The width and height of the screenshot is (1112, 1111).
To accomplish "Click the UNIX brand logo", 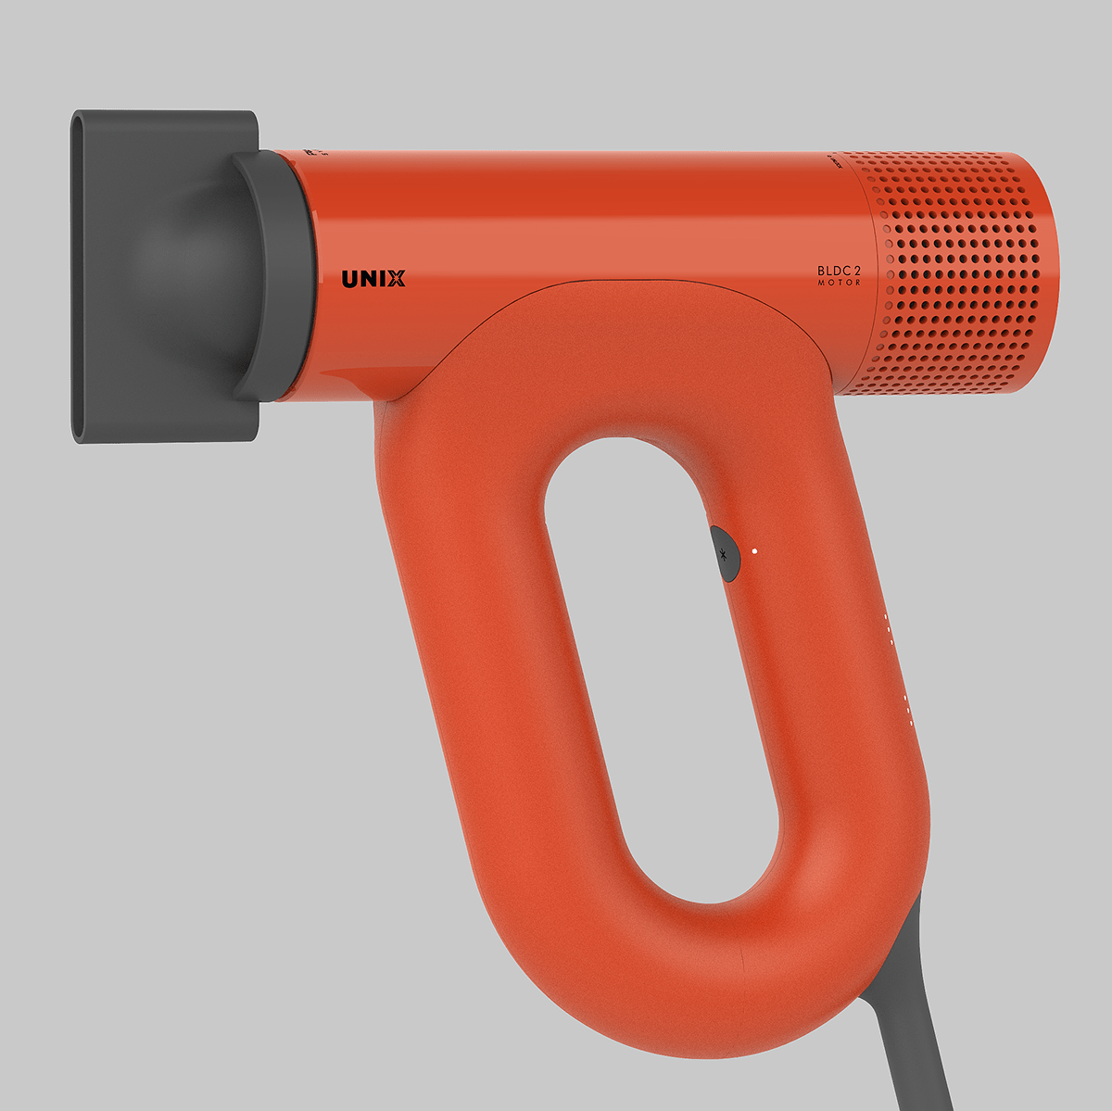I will click(x=373, y=278).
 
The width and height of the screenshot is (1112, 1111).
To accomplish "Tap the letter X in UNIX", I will click(x=396, y=278).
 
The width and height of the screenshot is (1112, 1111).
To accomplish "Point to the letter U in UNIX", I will click(x=351, y=278).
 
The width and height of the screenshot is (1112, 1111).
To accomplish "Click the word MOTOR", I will click(x=839, y=283).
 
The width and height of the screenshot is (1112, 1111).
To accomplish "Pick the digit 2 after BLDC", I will click(x=857, y=271).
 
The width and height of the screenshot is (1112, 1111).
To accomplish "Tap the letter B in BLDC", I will click(x=821, y=271).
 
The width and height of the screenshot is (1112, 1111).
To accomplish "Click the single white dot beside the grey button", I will click(x=755, y=550).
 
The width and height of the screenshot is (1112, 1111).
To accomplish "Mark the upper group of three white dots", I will click(x=888, y=626).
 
